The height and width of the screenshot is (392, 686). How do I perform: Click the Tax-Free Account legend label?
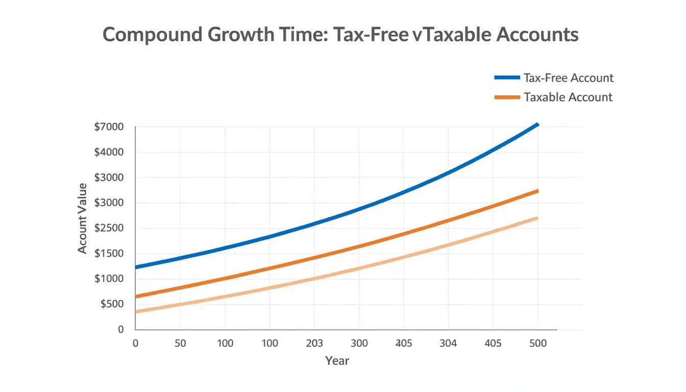coord(568,78)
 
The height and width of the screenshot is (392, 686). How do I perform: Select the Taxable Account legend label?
coord(568,97)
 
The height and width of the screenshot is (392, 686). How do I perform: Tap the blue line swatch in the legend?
coord(508,78)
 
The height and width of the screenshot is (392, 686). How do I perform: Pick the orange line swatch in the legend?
coord(508,97)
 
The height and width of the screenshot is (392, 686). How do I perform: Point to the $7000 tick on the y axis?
coord(109,127)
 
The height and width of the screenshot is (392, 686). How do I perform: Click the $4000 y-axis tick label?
coord(109,152)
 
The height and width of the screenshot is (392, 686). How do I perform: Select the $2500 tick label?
coord(109,228)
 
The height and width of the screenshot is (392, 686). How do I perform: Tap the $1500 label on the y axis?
coord(109,254)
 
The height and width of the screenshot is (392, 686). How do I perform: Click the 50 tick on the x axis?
coord(180,344)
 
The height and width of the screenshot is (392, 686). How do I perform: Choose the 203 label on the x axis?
coord(314,344)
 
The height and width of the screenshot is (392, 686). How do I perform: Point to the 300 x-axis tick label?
coord(359,344)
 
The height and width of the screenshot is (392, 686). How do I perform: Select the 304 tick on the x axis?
coord(448,344)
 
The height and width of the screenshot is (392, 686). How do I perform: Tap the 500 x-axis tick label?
coord(537,344)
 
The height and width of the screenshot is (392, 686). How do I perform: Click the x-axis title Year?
coord(337,361)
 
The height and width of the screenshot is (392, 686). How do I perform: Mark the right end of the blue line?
coord(537,125)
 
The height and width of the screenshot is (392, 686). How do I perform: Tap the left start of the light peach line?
coord(136,311)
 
